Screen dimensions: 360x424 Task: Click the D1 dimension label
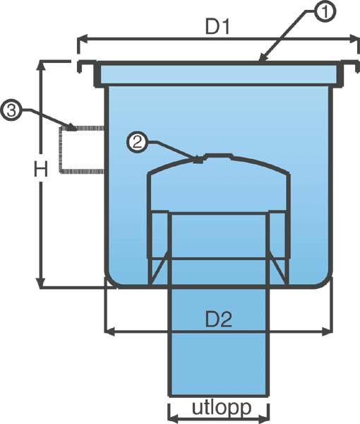pos(217,27)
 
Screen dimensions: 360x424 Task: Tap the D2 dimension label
pos(219,319)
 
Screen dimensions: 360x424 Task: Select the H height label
pos(41,169)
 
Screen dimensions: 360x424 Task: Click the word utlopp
pos(222,408)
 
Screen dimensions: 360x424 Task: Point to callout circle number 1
pos(325,11)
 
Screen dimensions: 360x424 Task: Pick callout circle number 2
pos(138,143)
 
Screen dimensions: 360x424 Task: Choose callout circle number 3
pos(11,110)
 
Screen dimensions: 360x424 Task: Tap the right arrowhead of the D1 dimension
pos(354,39)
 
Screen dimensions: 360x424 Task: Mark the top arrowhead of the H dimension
pos(41,66)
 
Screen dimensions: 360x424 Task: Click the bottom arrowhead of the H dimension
pos(41,283)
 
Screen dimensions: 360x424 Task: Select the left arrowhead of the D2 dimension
pos(110,331)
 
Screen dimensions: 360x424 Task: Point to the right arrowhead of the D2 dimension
pos(327,331)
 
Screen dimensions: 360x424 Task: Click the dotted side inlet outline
pos(61,149)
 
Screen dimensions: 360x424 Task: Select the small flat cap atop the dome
pos(218,155)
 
